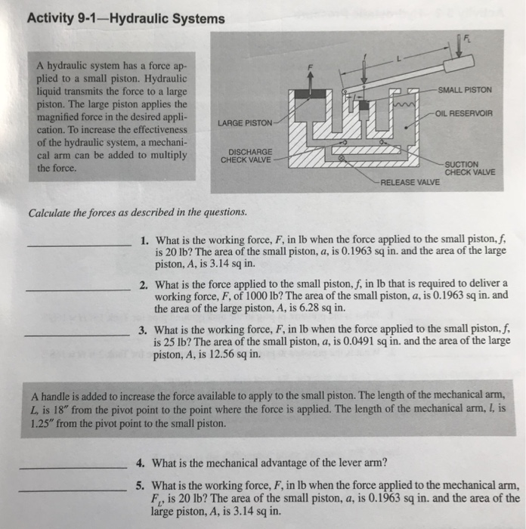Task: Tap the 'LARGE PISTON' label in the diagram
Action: click(246, 122)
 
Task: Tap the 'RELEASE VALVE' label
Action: click(410, 183)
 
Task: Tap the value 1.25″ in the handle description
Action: click(42, 423)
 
